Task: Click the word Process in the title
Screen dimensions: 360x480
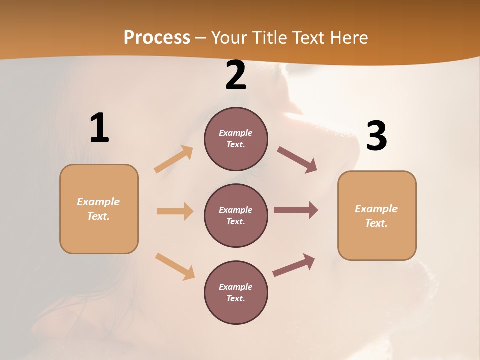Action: pyautogui.click(x=157, y=38)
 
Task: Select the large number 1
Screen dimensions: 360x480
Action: pyautogui.click(x=99, y=128)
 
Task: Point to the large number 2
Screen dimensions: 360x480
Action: pyautogui.click(x=236, y=75)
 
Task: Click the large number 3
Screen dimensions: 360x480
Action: pyautogui.click(x=376, y=136)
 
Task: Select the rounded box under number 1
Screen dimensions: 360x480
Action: pyautogui.click(x=99, y=209)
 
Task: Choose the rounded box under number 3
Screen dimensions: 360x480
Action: pyautogui.click(x=377, y=216)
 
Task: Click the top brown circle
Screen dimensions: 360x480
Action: pyautogui.click(x=236, y=139)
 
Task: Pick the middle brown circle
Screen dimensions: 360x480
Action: pyautogui.click(x=236, y=216)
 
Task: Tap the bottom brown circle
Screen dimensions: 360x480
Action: pyautogui.click(x=236, y=293)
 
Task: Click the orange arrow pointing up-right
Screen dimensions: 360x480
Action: pyautogui.click(x=174, y=159)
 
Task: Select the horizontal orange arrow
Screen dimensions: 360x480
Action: pyautogui.click(x=175, y=211)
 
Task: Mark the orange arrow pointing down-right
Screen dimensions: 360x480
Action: pyautogui.click(x=175, y=266)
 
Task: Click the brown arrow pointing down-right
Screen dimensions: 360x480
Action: pyautogui.click(x=297, y=160)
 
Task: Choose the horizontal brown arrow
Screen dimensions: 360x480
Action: pyautogui.click(x=296, y=210)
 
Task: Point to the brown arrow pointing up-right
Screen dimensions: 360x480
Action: pyautogui.click(x=294, y=265)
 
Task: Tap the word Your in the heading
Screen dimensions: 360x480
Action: pyautogui.click(x=230, y=38)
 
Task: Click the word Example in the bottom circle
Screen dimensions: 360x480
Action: pyautogui.click(x=236, y=287)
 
